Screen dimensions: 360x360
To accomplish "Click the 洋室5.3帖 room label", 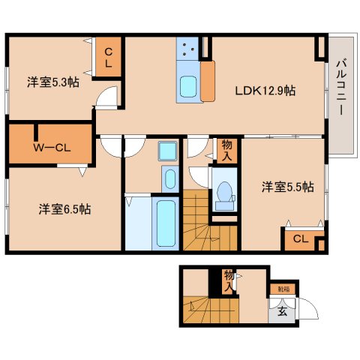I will [x=53, y=82].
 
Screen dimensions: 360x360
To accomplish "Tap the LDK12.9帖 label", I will [x=265, y=91].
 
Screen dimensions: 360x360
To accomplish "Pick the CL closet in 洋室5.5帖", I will [x=299, y=239].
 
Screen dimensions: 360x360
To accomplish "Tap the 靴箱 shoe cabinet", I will [x=283, y=288].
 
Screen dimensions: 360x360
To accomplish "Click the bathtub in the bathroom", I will [x=165, y=222].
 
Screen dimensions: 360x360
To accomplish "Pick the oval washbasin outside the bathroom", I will [x=169, y=179].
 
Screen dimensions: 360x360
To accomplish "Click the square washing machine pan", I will [x=166, y=151].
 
